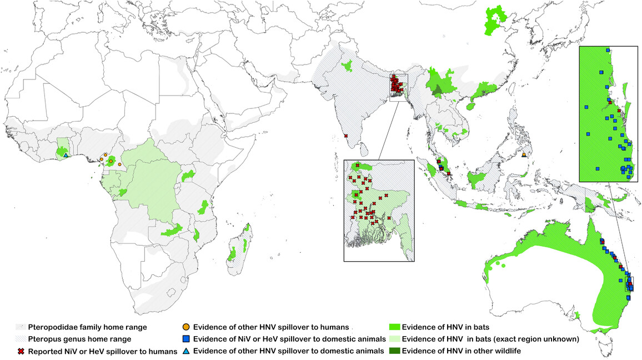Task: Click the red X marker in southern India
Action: point(345,136)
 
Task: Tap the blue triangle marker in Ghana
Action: point(66,155)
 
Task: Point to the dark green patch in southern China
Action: point(439,91)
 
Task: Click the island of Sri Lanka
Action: point(363,148)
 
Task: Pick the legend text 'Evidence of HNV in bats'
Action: point(443,327)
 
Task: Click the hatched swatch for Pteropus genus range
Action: point(21,339)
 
